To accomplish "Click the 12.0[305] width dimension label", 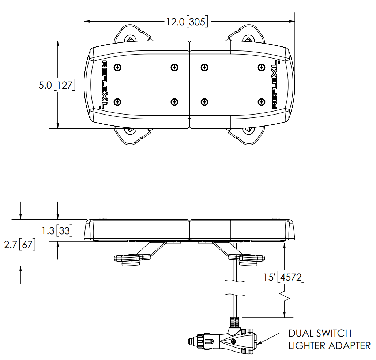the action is click(187, 22).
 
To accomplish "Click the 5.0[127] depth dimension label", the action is click(57, 85).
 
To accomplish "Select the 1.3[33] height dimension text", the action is click(57, 230).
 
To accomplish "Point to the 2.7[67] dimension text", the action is click(20, 244).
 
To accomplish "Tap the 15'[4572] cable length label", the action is click(284, 277).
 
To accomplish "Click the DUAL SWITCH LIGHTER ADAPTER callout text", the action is click(330, 340).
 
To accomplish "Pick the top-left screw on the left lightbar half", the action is click(117, 67).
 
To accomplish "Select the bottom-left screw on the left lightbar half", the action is click(117, 102).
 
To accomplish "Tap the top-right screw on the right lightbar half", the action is click(261, 67).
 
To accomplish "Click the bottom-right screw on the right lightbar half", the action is click(261, 102).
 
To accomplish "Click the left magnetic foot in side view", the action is click(131, 260).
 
